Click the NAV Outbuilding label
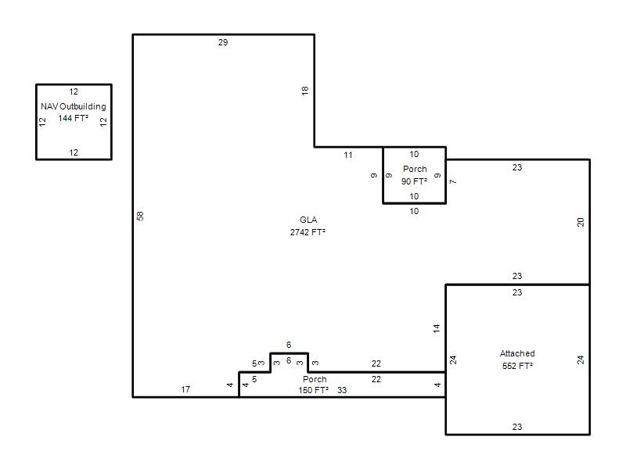coord(74,106)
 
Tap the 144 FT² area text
coord(73,118)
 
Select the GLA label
coord(308,220)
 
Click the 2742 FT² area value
coord(308,232)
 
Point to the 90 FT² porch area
coord(414,181)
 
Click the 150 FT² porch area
coord(314,390)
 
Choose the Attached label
coord(517,353)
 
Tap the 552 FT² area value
coord(517,366)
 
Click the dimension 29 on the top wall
coord(223,42)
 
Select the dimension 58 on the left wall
coord(140,216)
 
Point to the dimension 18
coord(305,91)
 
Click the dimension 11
coord(348,155)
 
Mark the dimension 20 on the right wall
coord(581,222)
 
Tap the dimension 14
coord(437,328)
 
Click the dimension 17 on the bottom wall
coord(185,389)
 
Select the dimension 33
coord(342,390)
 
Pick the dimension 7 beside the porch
coord(453,182)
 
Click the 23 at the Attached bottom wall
coord(517,427)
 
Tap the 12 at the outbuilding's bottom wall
coord(74,152)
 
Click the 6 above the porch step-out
coord(289,345)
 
